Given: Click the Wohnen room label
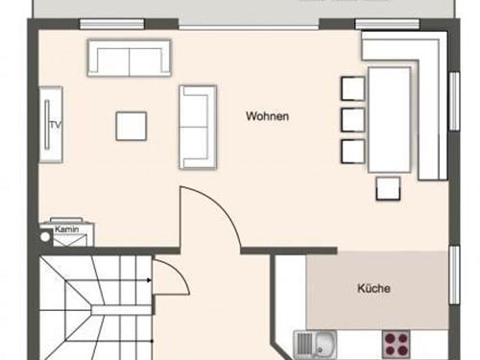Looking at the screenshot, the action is point(267,116).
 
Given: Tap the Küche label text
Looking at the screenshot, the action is point(373,288).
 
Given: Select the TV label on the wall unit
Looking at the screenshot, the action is point(56,125).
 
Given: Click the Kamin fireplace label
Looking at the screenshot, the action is point(66,229).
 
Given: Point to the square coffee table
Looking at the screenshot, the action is point(132,126).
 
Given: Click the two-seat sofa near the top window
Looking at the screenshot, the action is point(130,58).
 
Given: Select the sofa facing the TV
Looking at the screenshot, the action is point(198,127).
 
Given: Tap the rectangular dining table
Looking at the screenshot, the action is point(390,120).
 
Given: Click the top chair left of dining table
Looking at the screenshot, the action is point(352,88).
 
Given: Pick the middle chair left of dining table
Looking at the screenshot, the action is point(352,120).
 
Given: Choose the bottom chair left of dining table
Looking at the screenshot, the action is point(352,152).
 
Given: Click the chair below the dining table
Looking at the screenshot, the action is point(388,188).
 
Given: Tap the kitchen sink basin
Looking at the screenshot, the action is point(324,344).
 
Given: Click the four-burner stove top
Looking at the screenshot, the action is point(396,345).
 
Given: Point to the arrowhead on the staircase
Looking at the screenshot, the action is point(149,280).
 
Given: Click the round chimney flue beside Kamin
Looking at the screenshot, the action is point(45,237).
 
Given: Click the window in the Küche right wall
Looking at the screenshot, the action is point(454,275).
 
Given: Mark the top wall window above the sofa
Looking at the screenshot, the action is point(111,24).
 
